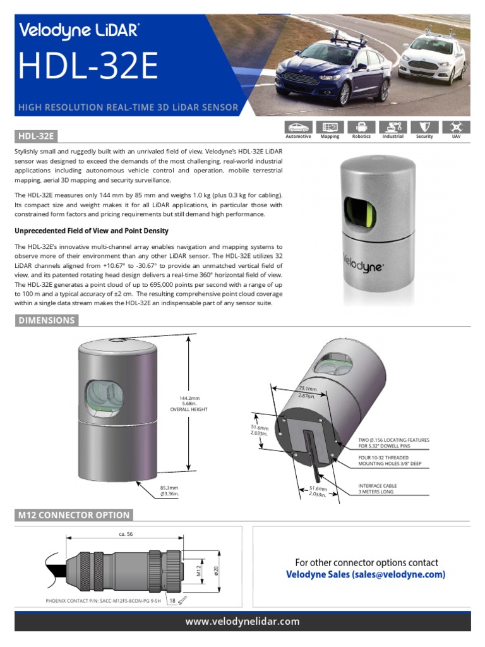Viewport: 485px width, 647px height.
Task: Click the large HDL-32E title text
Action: (89, 66)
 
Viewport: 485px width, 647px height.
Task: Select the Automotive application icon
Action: (298, 127)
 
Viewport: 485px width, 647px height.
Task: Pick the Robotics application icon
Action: (361, 127)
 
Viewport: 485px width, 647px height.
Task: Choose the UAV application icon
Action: (456, 127)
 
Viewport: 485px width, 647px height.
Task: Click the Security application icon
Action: (424, 127)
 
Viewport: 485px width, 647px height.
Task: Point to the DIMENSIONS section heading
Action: (47, 320)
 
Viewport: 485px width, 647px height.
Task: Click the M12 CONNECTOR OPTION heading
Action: (74, 515)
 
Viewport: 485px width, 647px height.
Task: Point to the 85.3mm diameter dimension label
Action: (169, 491)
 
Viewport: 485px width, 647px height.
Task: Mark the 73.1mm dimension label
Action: (308, 392)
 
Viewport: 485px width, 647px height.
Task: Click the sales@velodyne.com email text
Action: (399, 574)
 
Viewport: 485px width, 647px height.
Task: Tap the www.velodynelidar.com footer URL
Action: (242, 622)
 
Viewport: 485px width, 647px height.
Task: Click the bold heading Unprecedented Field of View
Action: (92, 231)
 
